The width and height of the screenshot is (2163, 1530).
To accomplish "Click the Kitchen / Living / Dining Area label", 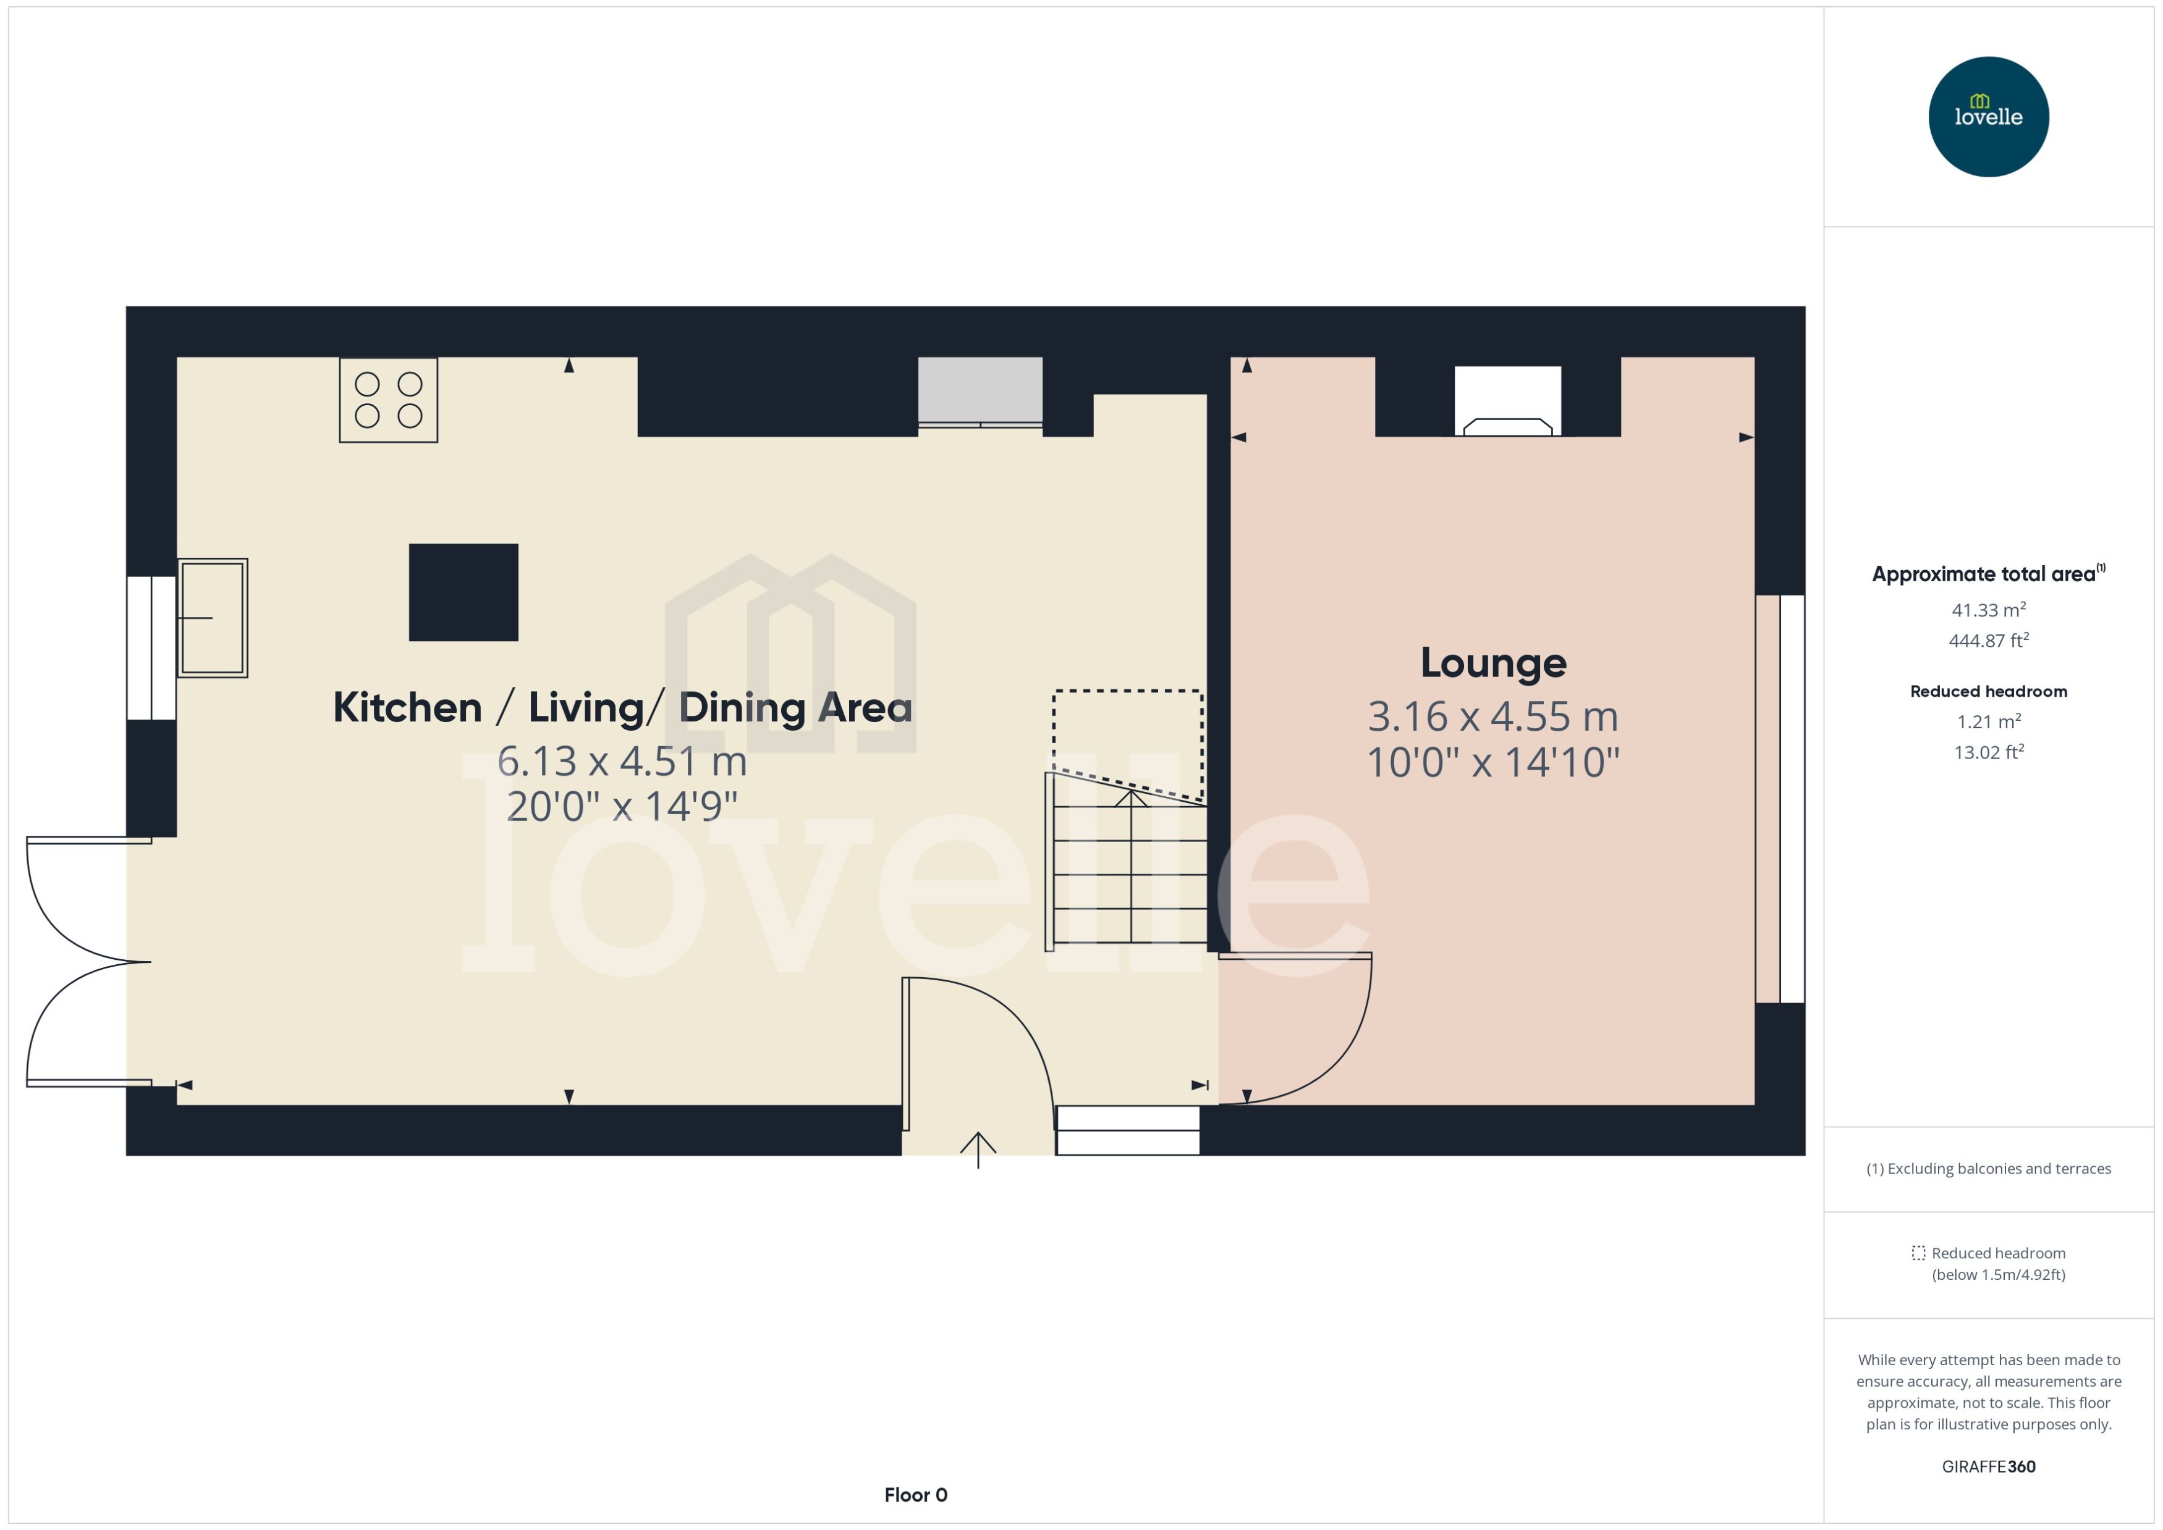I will pyautogui.click(x=622, y=707).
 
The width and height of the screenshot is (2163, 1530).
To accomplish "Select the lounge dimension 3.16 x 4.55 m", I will pyautogui.click(x=1493, y=717).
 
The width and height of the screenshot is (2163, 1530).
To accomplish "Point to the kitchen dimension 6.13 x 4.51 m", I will pyautogui.click(x=622, y=761).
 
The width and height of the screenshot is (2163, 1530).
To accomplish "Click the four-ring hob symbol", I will pyautogui.click(x=388, y=400).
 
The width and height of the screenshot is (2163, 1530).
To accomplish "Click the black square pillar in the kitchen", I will pyautogui.click(x=463, y=592).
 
